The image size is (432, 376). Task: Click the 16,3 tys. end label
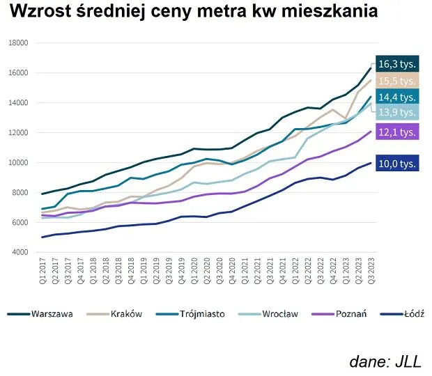click(397, 64)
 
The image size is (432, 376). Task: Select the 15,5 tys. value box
click(397, 81)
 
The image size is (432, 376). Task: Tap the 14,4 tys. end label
click(397, 97)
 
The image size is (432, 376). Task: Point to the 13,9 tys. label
click(397, 112)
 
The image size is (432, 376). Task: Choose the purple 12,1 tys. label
click(397, 132)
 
